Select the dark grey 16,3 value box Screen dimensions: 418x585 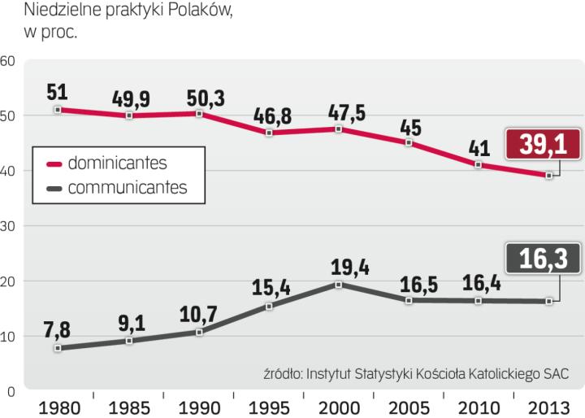[x=542, y=260]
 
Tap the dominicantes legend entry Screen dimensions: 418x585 [x=117, y=163]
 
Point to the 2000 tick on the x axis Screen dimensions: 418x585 [x=340, y=405]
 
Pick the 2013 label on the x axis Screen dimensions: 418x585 [x=549, y=405]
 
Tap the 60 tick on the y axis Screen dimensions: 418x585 [x=7, y=60]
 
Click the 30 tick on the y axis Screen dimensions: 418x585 [x=7, y=226]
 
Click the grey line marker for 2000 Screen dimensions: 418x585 [x=339, y=285]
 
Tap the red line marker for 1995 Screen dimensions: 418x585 [x=269, y=132]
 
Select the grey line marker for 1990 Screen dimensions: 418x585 [x=198, y=332]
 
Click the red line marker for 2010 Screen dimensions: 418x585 [x=479, y=165]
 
